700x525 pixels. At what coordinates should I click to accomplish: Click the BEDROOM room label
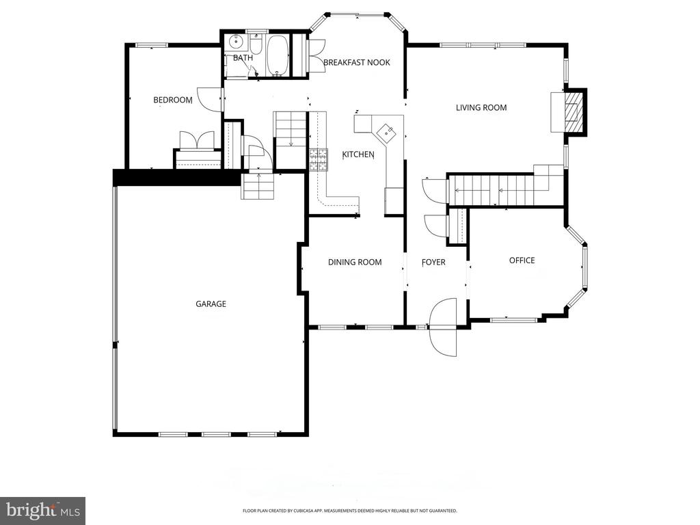(x=172, y=100)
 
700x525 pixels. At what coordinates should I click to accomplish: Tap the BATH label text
(x=243, y=58)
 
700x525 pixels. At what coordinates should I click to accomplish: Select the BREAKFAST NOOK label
(x=356, y=62)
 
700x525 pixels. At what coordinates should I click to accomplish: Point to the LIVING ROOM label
(x=481, y=107)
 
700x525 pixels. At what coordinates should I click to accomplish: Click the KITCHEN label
(x=358, y=154)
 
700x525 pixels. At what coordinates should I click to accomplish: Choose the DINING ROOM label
(x=354, y=262)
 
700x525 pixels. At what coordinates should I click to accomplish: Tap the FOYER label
(x=433, y=262)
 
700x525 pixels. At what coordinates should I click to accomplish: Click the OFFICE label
(x=522, y=260)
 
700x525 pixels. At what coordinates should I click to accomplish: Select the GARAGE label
(x=211, y=304)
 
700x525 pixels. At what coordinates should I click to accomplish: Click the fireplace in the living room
(x=568, y=112)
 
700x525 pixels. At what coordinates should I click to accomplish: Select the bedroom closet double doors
(x=197, y=140)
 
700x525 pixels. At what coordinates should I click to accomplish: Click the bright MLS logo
(x=42, y=510)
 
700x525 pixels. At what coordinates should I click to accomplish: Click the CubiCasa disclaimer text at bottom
(x=349, y=511)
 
